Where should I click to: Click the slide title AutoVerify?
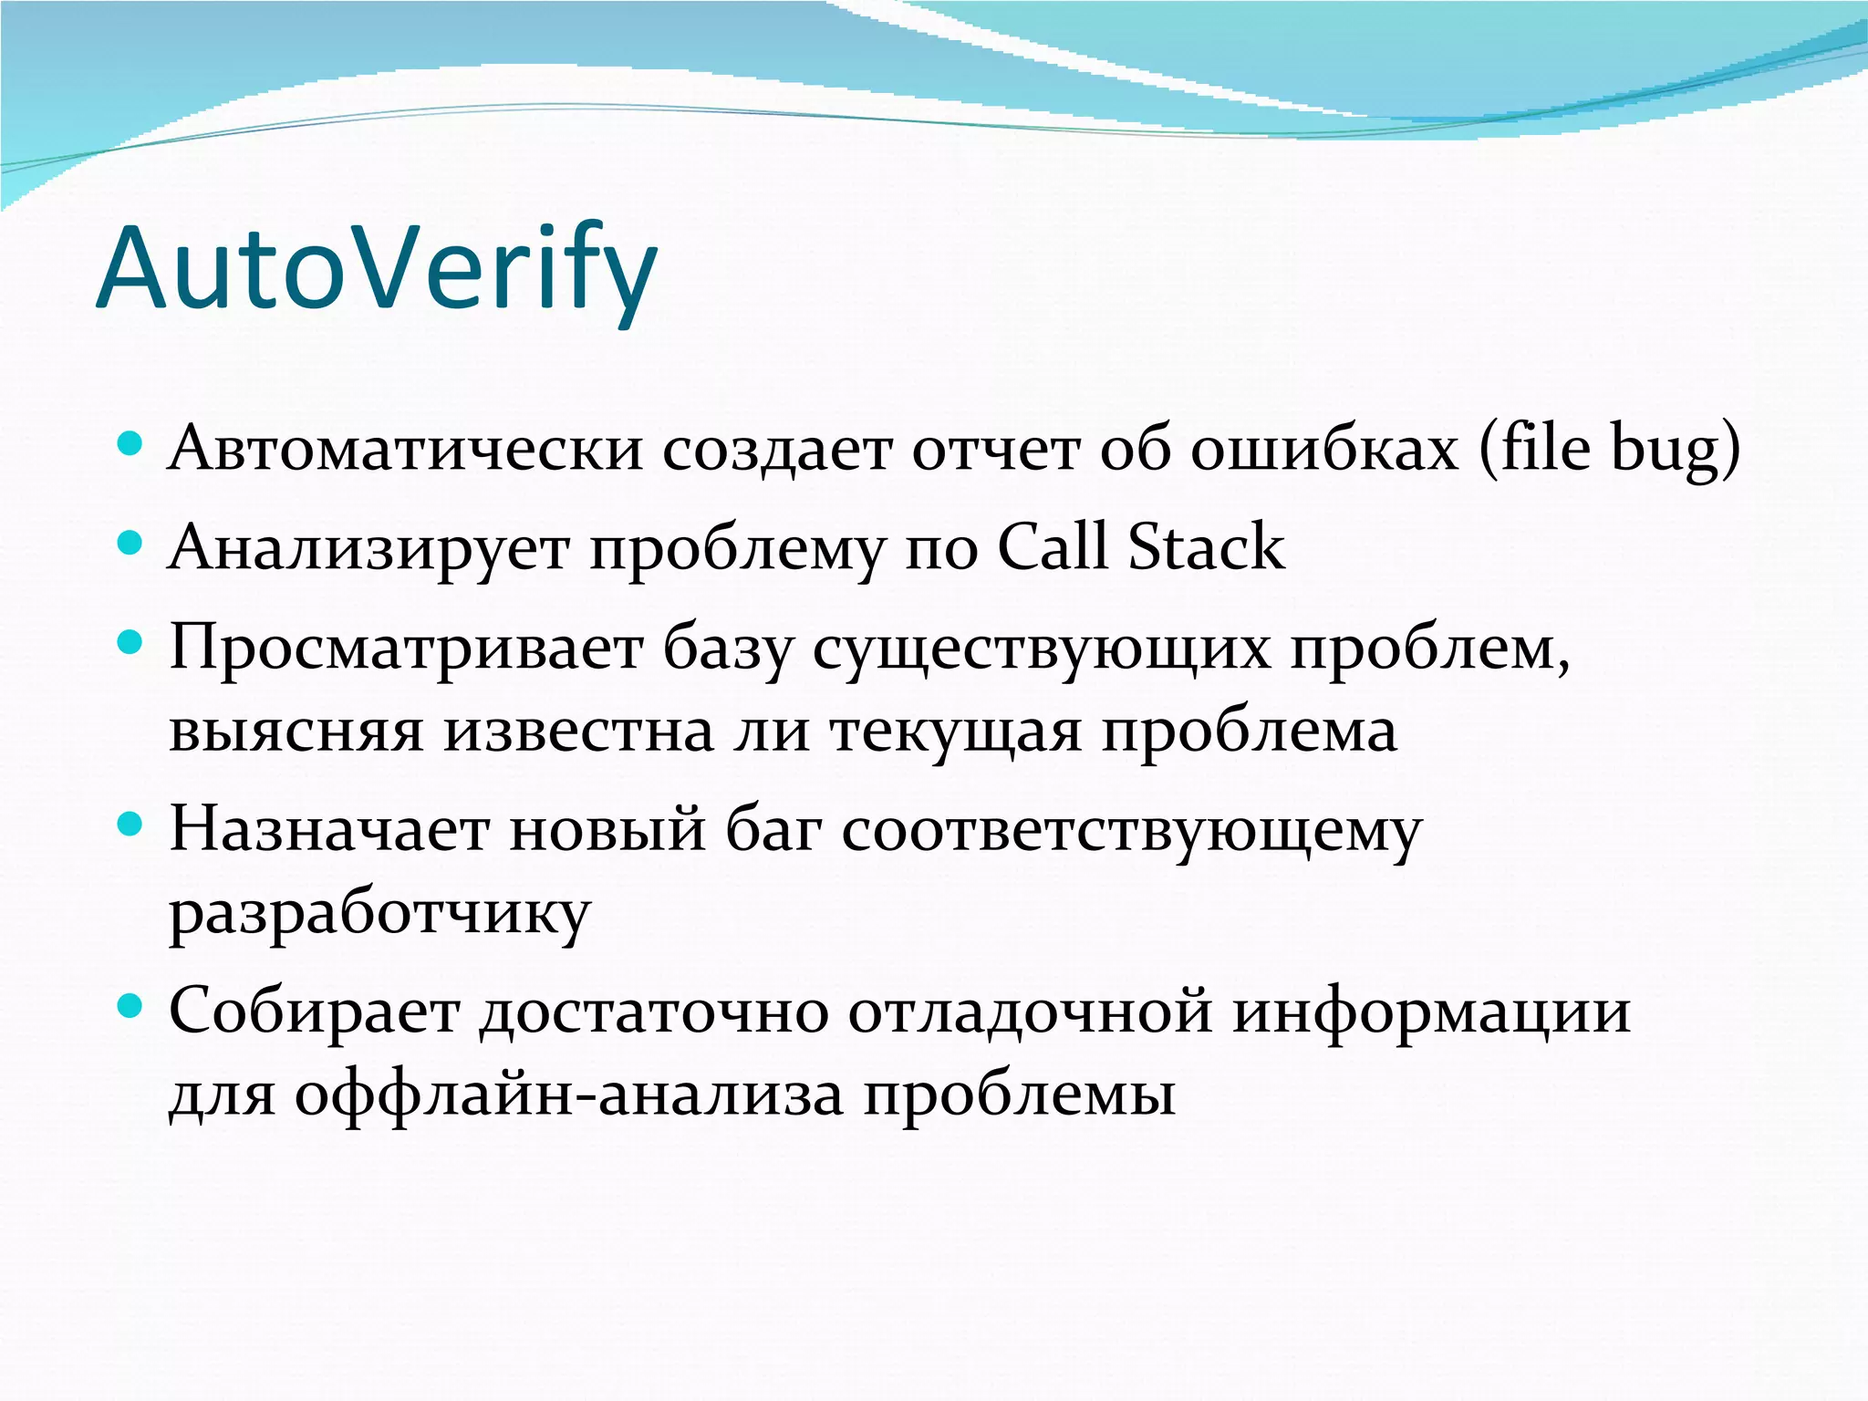(x=376, y=270)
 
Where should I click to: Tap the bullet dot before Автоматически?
(x=131, y=444)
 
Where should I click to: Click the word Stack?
(x=1206, y=546)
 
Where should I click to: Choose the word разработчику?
(x=379, y=914)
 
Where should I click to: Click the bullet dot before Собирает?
(x=131, y=1006)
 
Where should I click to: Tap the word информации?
(x=1431, y=1012)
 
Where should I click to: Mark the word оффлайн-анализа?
(x=568, y=1094)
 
